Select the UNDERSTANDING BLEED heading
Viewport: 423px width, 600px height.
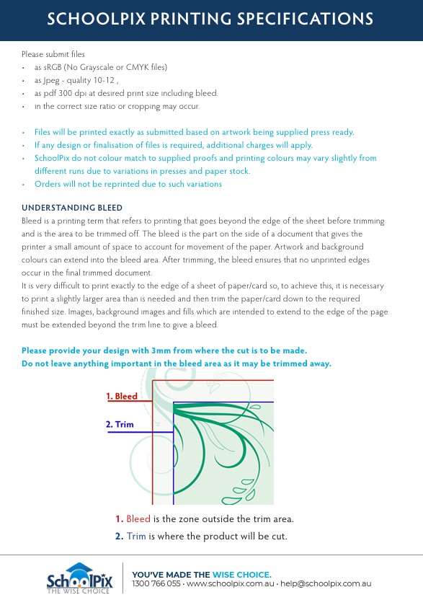72,208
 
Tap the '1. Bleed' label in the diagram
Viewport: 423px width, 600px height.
122,396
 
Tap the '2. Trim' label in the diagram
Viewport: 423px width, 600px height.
120,424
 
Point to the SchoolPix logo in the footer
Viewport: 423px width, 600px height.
79,578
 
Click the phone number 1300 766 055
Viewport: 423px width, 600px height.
156,584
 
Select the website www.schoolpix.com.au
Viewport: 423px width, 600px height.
231,584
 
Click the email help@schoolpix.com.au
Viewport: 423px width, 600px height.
326,584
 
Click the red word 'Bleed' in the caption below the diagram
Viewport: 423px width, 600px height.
138,519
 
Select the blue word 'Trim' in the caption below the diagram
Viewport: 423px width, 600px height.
136,537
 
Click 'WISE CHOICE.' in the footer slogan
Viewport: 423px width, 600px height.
241,575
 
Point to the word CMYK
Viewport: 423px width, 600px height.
138,67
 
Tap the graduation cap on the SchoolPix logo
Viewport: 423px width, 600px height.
79,568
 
